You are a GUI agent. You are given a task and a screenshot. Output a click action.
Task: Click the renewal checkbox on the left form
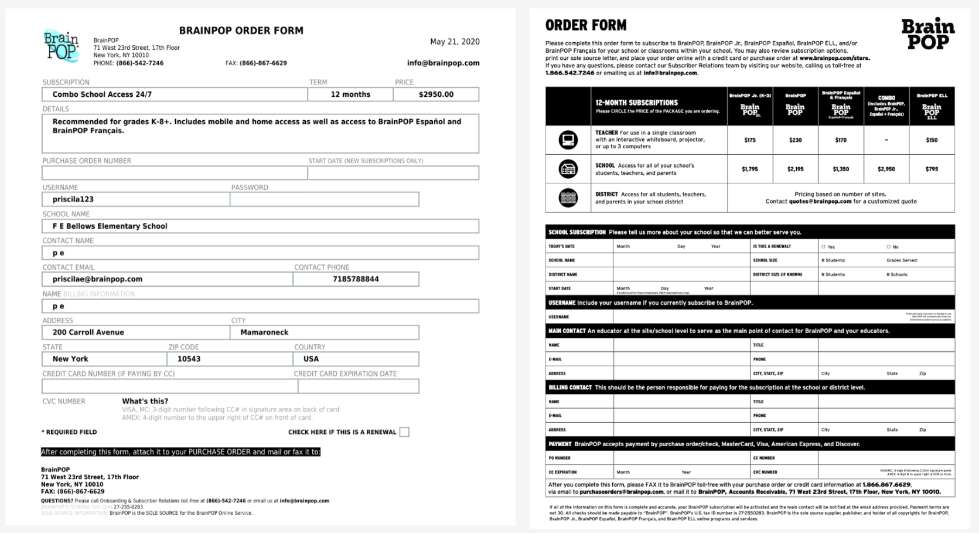pos(404,432)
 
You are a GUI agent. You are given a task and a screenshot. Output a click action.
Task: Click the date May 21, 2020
pos(455,42)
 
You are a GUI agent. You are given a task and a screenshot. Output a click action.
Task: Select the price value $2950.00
pos(436,94)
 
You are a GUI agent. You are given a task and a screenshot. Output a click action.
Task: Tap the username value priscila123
pos(73,199)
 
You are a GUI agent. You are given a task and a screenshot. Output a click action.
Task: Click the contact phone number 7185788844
pos(356,279)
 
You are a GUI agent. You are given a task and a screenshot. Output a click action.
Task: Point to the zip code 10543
pos(189,359)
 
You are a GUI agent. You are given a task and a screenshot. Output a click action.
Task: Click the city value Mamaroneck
pos(264,332)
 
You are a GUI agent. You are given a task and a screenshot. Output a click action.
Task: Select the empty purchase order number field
pos(174,173)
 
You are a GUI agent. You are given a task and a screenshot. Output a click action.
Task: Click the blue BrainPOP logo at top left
pos(61,46)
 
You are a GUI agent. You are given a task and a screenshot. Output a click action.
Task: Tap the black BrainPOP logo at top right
pos(927,34)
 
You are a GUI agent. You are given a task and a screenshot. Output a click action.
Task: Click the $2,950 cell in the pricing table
pos(886,169)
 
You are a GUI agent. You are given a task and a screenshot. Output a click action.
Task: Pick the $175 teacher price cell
pos(749,140)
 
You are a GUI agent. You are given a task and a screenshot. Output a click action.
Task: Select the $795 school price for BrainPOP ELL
pos(932,169)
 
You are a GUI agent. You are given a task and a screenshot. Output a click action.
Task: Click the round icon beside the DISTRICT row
pos(568,198)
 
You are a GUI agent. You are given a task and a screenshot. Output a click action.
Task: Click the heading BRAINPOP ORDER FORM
pos(241,30)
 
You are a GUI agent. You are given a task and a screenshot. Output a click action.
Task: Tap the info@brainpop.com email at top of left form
pos(443,63)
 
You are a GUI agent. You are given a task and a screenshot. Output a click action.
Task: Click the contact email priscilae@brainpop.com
pos(97,279)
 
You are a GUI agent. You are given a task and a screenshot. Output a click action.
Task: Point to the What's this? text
pos(145,401)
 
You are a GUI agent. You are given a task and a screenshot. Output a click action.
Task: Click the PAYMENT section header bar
pos(749,444)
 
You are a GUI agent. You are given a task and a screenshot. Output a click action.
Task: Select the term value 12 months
pos(350,94)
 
